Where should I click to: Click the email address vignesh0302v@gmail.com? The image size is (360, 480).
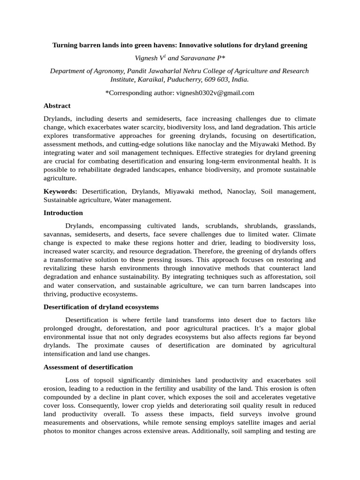coord(215,93)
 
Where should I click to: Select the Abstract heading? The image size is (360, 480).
coord(57,106)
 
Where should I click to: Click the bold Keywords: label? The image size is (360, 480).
coord(60,192)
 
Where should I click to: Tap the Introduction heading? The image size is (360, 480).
coord(63,213)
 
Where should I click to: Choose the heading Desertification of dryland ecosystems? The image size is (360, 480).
coord(101,307)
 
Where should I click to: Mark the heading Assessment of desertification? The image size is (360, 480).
coord(88,367)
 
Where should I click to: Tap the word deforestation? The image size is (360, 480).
coord(131,329)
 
